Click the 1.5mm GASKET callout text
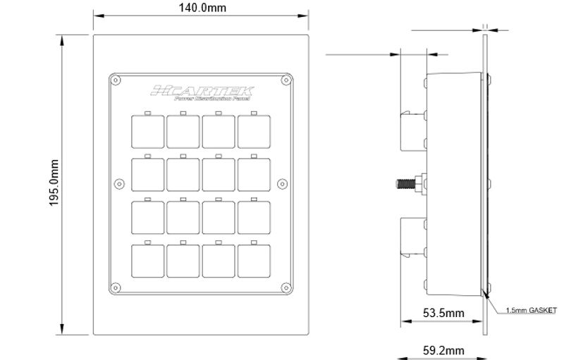(x=531, y=309)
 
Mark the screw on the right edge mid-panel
(x=282, y=184)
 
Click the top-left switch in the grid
(x=147, y=131)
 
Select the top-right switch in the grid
(x=254, y=131)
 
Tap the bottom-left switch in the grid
(x=147, y=261)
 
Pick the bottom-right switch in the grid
(x=254, y=261)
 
